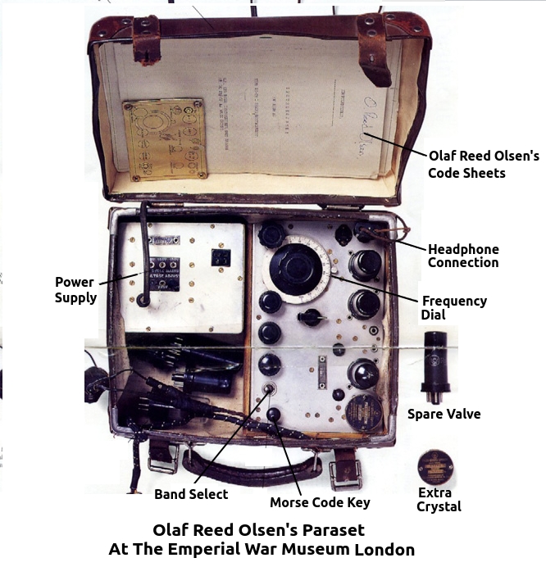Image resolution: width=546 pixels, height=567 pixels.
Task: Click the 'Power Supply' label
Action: click(75, 289)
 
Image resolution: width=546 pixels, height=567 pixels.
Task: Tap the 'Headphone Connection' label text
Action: click(462, 256)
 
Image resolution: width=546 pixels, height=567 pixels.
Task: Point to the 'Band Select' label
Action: click(191, 494)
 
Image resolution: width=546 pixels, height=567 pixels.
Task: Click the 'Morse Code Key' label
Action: click(320, 502)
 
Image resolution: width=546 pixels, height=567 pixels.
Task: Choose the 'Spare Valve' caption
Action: click(444, 414)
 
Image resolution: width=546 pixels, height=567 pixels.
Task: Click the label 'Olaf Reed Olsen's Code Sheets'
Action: click(484, 164)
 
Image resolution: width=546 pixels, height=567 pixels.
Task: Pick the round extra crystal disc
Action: click(435, 465)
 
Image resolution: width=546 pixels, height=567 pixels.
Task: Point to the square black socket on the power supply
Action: click(220, 257)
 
